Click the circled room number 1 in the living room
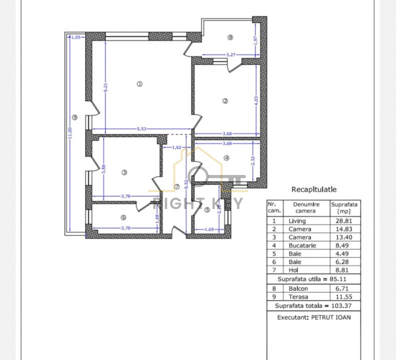click(x=140, y=84)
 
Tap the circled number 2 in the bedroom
click(x=225, y=101)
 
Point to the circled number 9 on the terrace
click(x=74, y=117)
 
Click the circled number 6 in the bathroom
click(x=123, y=216)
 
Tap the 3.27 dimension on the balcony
click(x=230, y=54)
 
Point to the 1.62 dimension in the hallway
click(x=176, y=147)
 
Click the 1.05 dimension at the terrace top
click(x=76, y=37)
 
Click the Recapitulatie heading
click(x=313, y=189)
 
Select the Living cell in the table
click(x=297, y=220)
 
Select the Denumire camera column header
click(x=305, y=207)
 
